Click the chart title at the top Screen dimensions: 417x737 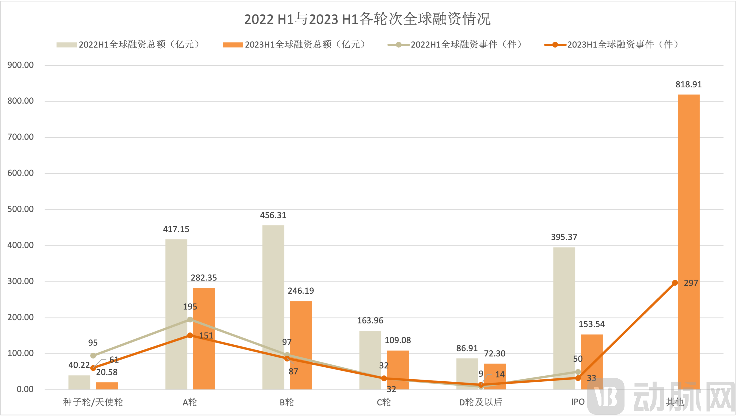click(368, 19)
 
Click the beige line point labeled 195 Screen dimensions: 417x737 click(190, 319)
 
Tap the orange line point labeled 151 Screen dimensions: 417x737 click(190, 335)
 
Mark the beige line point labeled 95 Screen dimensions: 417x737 click(93, 355)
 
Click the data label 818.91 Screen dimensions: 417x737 click(688, 85)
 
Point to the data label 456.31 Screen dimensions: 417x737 click(273, 215)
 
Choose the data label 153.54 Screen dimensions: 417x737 click(592, 324)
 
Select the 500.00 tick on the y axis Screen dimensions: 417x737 click(21, 209)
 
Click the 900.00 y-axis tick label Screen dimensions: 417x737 click(21, 65)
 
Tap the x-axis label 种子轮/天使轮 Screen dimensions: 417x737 click(93, 402)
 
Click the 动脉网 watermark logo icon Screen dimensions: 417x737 click(606, 396)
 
